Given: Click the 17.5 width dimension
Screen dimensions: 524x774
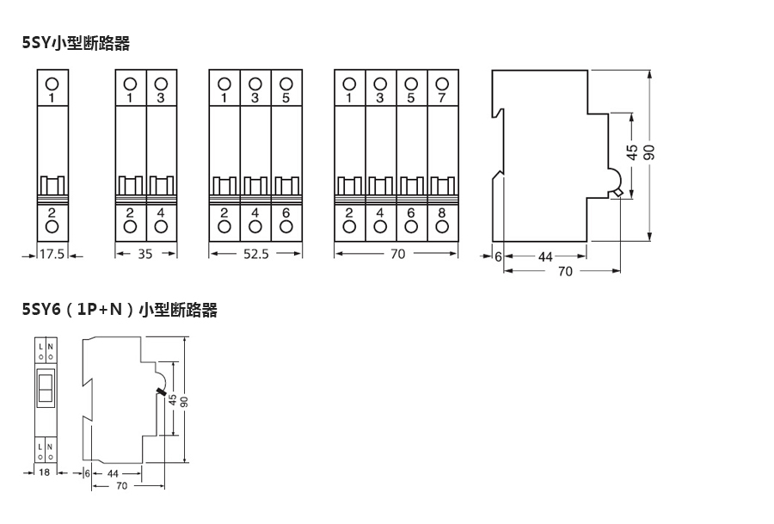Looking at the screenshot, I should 52,254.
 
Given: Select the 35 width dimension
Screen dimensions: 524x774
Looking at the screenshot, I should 146,254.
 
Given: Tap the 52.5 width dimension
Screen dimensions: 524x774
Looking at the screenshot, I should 256,254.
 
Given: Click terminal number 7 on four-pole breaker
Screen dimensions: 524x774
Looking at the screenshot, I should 442,98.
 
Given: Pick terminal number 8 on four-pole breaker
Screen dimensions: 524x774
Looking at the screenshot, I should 442,212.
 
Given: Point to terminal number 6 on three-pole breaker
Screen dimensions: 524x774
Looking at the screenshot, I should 286,212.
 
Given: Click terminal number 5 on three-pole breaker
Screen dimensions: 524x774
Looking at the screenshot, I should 286,98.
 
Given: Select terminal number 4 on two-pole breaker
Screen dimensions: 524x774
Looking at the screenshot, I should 161,212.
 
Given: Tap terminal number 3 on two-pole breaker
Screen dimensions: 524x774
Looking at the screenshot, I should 161,98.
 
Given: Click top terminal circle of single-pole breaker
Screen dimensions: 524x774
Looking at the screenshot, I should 52,83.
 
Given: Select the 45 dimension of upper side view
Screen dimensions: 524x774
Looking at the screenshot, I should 632,153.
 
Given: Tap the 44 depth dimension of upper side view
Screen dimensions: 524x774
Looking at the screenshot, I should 545,256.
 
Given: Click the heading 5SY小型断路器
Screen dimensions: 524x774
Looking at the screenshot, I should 76,42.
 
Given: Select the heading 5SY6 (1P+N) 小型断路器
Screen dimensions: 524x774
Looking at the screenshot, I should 120,310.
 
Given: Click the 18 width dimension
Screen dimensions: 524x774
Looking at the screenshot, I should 45,473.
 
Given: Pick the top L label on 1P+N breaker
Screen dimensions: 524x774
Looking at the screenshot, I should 40,346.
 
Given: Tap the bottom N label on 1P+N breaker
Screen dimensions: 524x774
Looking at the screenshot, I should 50,447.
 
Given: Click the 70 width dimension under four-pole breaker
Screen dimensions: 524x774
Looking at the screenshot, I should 397,254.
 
